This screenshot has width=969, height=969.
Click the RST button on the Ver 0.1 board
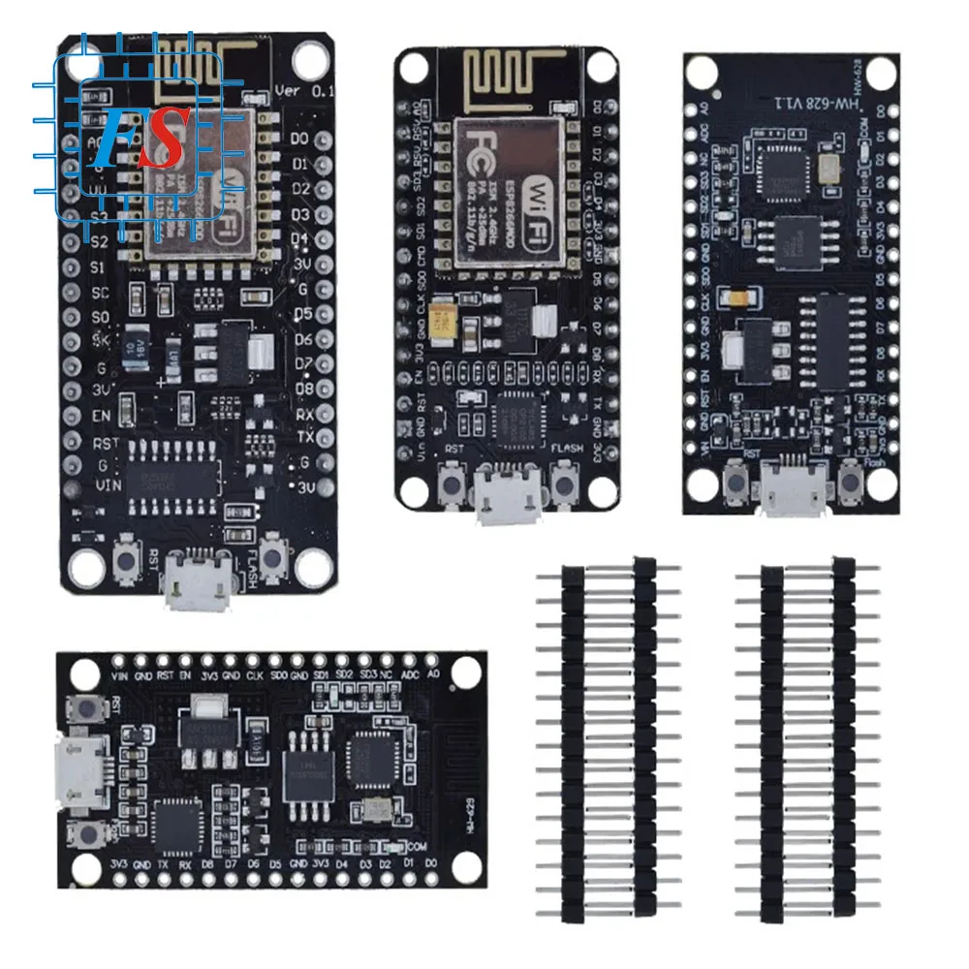tap(126, 558)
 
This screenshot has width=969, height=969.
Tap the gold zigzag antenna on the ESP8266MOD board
tap(505, 78)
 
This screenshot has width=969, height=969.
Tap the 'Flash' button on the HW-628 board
tap(851, 475)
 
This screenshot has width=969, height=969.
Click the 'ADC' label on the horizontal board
tap(409, 674)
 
